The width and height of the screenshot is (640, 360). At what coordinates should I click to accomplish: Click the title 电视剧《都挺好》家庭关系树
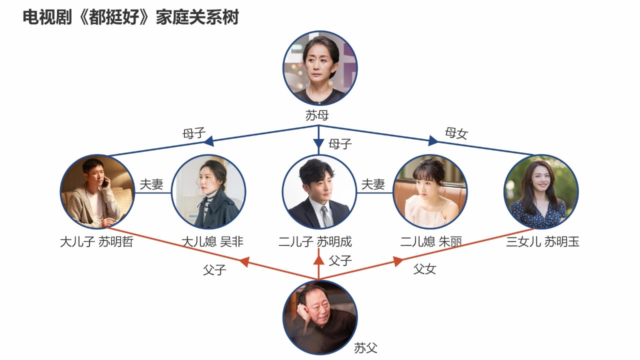pos(131,17)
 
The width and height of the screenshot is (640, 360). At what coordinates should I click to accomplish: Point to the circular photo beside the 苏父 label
pos(320,316)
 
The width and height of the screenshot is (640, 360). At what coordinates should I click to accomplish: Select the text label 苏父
pos(365,348)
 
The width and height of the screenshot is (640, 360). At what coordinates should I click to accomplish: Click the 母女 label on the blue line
pos(456,133)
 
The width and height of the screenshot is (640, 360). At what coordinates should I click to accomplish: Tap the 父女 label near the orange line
pos(424,269)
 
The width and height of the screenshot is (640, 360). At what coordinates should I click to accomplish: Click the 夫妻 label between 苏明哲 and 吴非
pos(151,184)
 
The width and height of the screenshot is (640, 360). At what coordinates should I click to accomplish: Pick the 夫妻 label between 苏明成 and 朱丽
pos(373,184)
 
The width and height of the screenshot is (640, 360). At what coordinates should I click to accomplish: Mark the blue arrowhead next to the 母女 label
pos(433,141)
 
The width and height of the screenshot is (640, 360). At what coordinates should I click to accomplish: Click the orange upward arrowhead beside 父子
pos(318,259)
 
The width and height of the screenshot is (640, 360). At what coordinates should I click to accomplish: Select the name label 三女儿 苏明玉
pos(542,242)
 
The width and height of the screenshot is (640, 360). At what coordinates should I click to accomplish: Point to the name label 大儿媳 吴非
pos(212,242)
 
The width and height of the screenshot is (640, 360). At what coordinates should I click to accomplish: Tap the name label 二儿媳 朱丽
pos(430,242)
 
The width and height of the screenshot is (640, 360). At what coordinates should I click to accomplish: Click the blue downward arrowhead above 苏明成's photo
pos(318,144)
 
